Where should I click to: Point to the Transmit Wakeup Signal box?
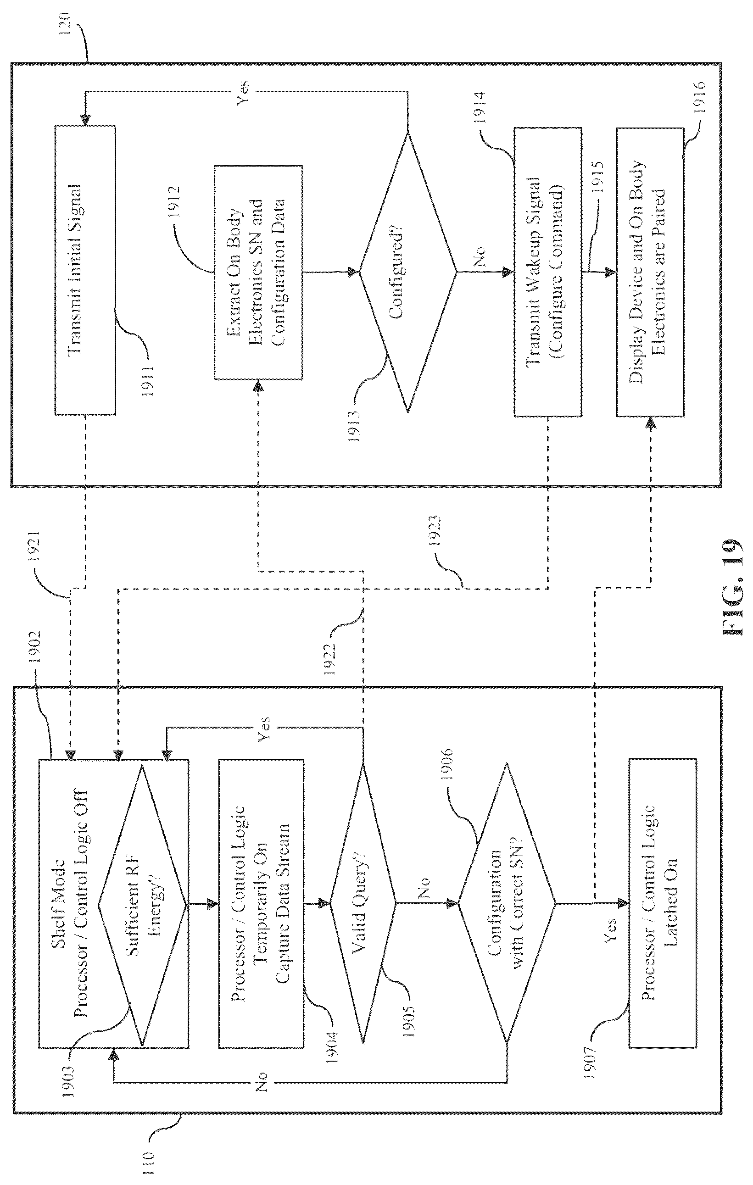pyautogui.click(x=547, y=272)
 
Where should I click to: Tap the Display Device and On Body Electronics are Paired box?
pyautogui.click(x=650, y=272)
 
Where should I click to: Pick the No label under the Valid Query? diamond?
pyautogui.click(x=424, y=888)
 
